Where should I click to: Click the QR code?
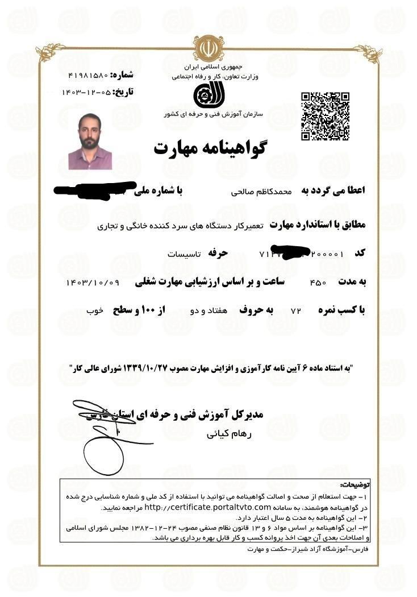coord(325,115)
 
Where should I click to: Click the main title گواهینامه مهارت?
coord(210,147)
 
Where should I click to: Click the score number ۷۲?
coord(295,311)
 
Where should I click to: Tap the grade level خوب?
coord(94,311)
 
